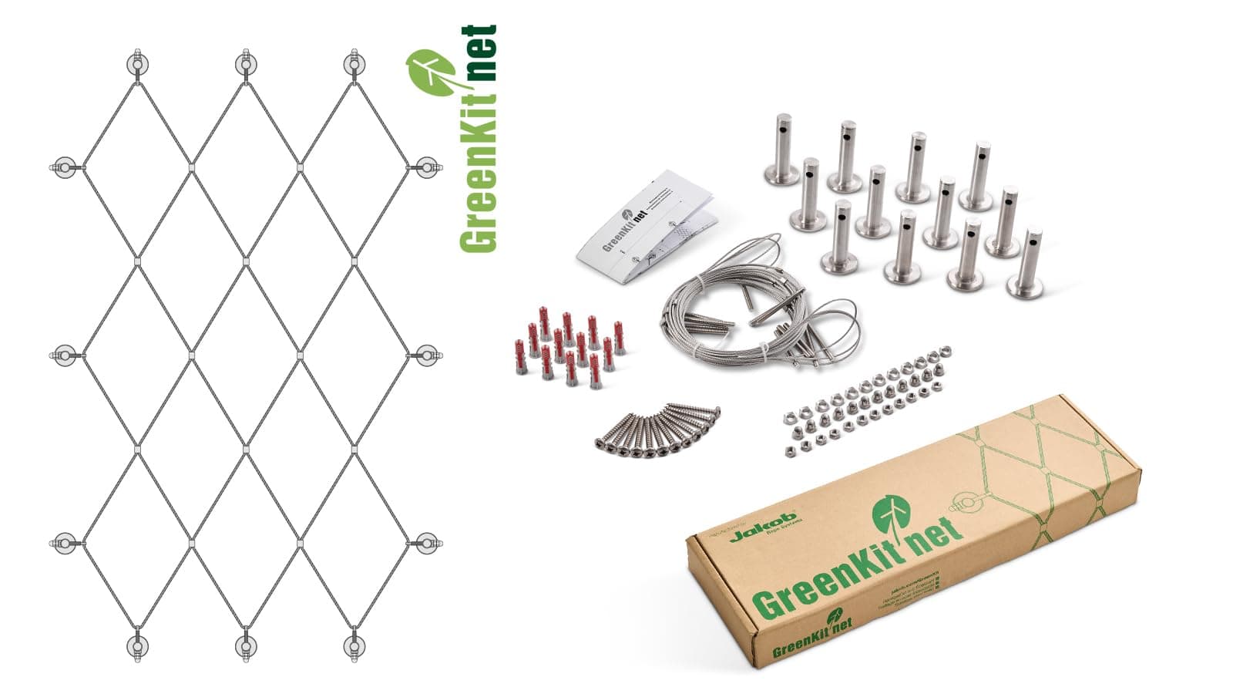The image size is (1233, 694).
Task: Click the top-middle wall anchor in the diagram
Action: point(245,65)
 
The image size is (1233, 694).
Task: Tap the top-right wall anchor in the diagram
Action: point(354,65)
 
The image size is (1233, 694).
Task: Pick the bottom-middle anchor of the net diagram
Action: point(245,646)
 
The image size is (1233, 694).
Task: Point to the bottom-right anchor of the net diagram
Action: point(354,646)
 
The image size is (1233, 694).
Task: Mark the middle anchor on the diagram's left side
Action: point(65,355)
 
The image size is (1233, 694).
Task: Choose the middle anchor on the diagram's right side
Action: point(425,355)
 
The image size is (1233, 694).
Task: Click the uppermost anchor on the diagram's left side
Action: point(65,167)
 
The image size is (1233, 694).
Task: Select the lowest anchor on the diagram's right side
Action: point(425,542)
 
